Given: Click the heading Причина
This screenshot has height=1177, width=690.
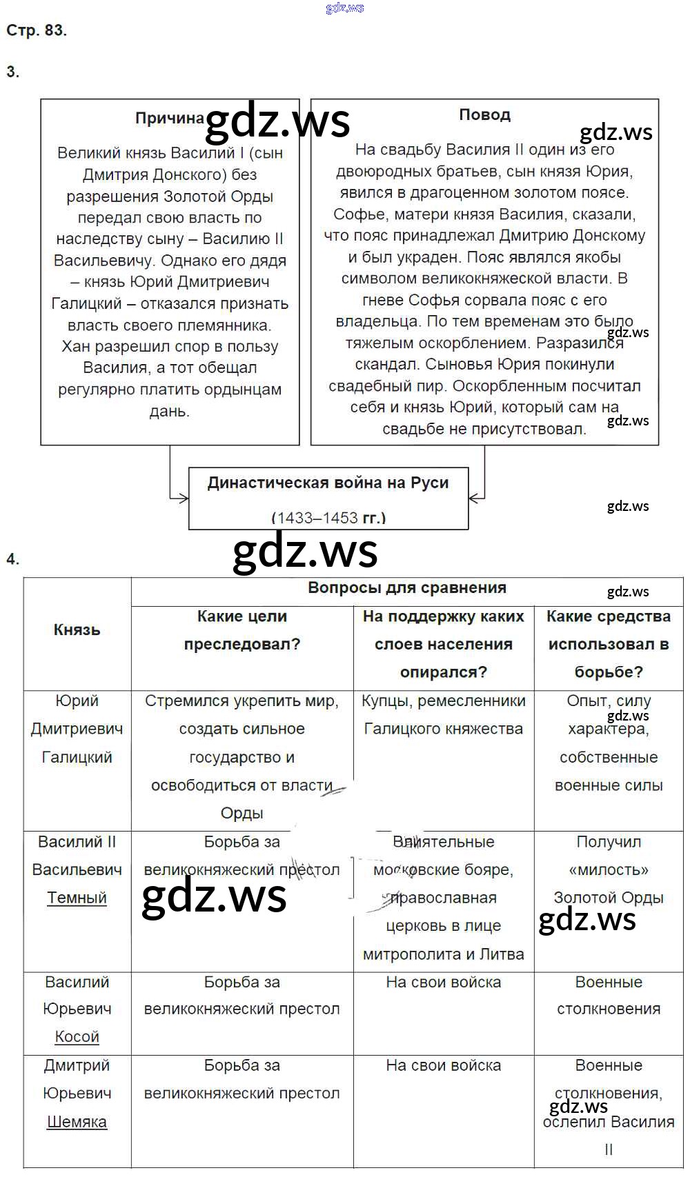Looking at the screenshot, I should point(170,118).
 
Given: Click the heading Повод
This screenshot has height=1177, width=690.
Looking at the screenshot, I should point(484,114).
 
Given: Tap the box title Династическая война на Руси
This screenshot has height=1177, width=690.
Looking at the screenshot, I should point(328,483).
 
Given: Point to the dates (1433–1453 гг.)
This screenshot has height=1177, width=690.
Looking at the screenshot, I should point(328,517).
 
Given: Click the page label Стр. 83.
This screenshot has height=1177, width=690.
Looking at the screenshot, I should point(36,30).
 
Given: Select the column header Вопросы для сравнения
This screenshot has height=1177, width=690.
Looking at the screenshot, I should point(406,588).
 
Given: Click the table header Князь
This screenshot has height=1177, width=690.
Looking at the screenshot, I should point(77,630).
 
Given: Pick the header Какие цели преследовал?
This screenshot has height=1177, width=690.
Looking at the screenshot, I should point(241,630).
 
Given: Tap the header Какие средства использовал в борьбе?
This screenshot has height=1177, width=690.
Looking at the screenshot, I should point(608,644).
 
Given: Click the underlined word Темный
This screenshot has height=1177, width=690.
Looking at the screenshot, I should point(77,898).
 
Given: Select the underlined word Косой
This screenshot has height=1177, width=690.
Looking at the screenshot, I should point(77,1036).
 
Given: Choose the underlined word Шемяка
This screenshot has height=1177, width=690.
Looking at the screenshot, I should point(77,1122).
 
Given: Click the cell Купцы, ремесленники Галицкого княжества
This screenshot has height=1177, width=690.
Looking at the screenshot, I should point(443,715).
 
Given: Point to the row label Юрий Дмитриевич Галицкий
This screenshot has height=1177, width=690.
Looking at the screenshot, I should point(77,729).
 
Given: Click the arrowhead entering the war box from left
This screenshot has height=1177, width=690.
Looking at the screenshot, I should point(184,497).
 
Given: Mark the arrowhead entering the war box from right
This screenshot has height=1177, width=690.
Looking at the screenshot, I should point(474,497).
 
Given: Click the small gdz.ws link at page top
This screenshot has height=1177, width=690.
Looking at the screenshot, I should point(344,8).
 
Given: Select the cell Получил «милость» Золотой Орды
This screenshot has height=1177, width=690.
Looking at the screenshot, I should point(608,870).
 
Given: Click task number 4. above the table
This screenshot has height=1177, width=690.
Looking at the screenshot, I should point(13,559).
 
